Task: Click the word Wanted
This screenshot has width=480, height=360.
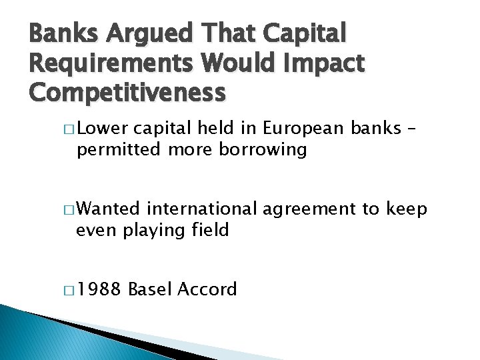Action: (108, 210)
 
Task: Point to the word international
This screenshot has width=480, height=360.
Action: (201, 210)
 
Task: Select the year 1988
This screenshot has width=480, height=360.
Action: (100, 289)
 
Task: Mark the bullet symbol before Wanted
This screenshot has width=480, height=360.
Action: (70, 211)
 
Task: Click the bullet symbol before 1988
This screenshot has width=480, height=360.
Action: (70, 290)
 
